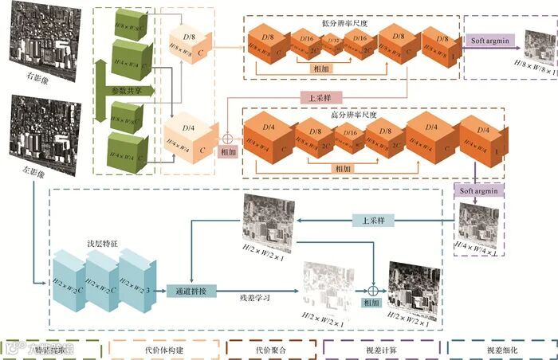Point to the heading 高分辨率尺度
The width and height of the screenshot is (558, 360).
click(352, 115)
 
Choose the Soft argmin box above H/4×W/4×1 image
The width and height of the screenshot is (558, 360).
click(477, 190)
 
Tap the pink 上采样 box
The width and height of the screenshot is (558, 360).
click(316, 100)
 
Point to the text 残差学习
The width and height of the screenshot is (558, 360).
click(255, 299)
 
